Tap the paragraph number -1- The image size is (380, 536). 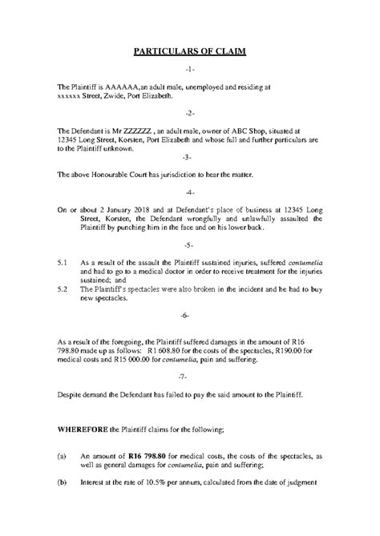coord(189,71)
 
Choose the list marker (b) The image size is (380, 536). coord(62,482)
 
